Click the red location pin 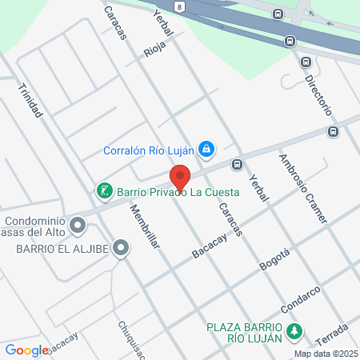tap(180, 177)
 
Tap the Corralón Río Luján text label tap(150, 149)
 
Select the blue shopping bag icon tap(206, 148)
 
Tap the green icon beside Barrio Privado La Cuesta tap(104, 191)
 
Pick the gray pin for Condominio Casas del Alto tap(78, 226)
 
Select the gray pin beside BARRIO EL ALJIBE tap(121, 248)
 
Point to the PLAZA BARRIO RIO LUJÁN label tap(245, 332)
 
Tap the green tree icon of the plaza tap(294, 330)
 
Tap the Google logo tap(26, 350)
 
